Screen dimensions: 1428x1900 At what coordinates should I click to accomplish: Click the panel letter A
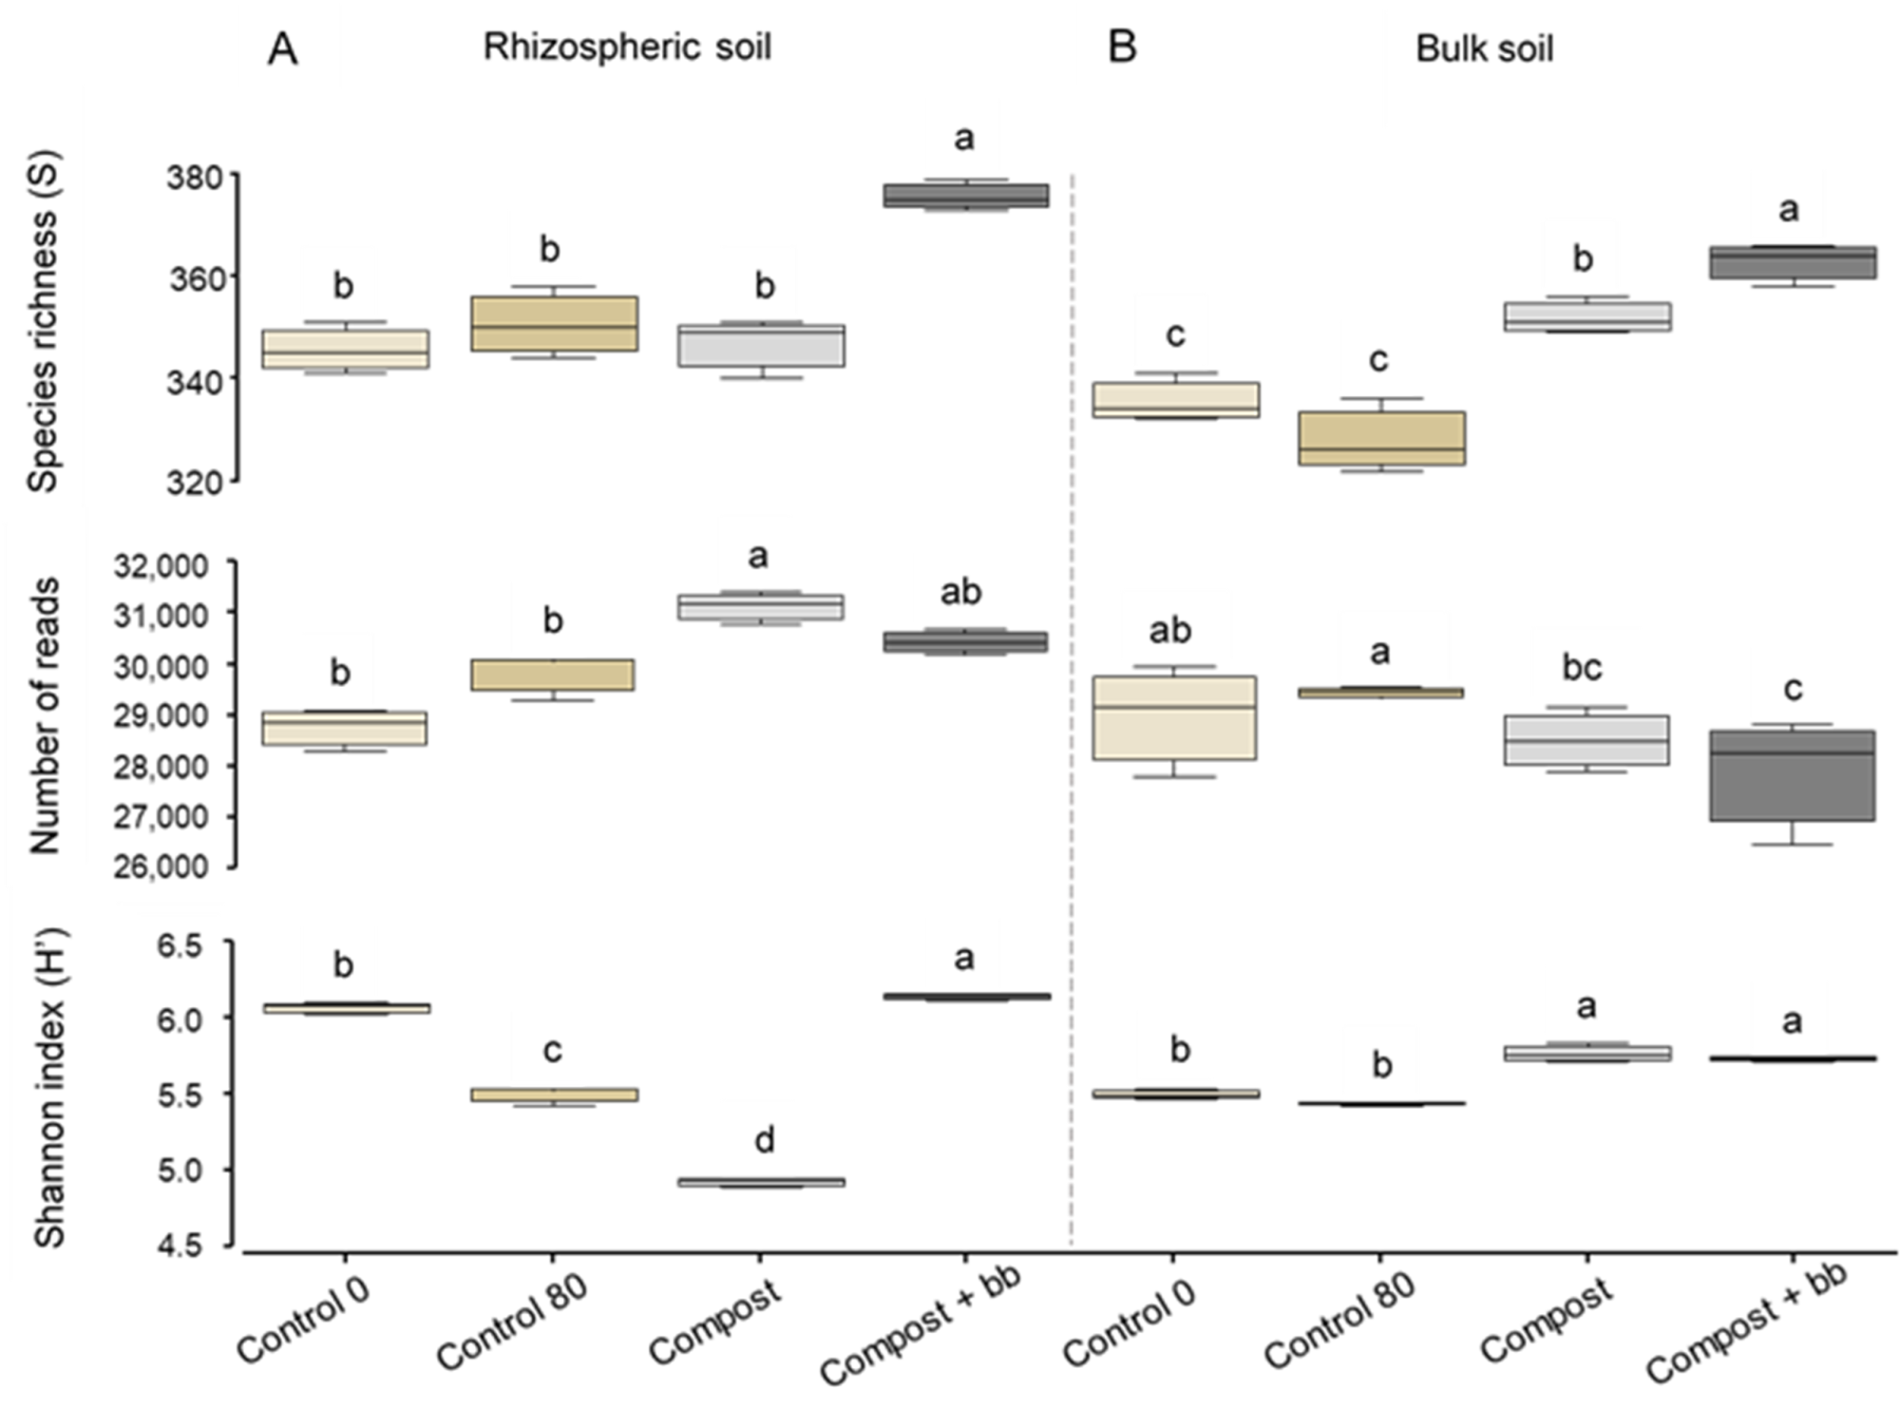(283, 50)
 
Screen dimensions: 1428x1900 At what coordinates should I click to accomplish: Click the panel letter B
(1123, 47)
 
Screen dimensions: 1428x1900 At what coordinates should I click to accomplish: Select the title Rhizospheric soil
(627, 47)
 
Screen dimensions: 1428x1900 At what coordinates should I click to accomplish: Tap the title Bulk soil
(1484, 49)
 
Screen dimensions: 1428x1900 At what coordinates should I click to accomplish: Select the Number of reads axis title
(44, 716)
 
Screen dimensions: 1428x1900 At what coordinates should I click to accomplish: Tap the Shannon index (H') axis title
(50, 1091)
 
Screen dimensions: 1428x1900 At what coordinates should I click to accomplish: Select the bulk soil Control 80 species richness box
(1379, 439)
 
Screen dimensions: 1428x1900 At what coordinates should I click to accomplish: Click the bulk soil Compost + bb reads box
(1792, 777)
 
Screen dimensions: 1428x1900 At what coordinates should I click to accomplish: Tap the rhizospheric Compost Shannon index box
(760, 1183)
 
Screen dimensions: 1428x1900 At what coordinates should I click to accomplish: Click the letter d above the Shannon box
(764, 1141)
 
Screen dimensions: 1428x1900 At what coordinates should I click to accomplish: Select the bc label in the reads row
(1583, 668)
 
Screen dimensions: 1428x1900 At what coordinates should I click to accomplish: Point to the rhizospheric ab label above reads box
(960, 591)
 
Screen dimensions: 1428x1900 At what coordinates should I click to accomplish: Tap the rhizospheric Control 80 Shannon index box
(553, 1095)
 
